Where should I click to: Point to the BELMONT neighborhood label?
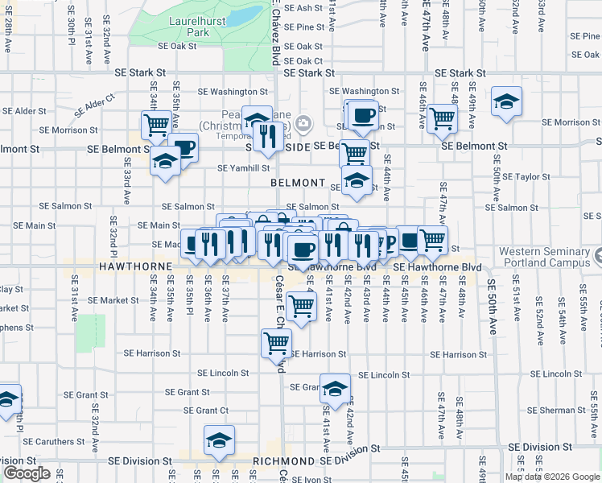tap(297, 184)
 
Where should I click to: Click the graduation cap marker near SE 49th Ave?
tap(506, 102)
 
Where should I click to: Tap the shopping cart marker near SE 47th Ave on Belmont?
tap(442, 118)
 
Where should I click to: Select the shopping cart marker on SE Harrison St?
tap(276, 342)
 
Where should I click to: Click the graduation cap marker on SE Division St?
tap(218, 440)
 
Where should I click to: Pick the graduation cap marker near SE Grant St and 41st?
tap(335, 389)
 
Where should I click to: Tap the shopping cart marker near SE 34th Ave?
tap(155, 126)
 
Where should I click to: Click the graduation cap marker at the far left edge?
tap(7, 398)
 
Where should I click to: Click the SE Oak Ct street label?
tap(298, 60)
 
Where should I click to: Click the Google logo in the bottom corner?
tap(27, 473)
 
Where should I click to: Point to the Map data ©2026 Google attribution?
tap(552, 477)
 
